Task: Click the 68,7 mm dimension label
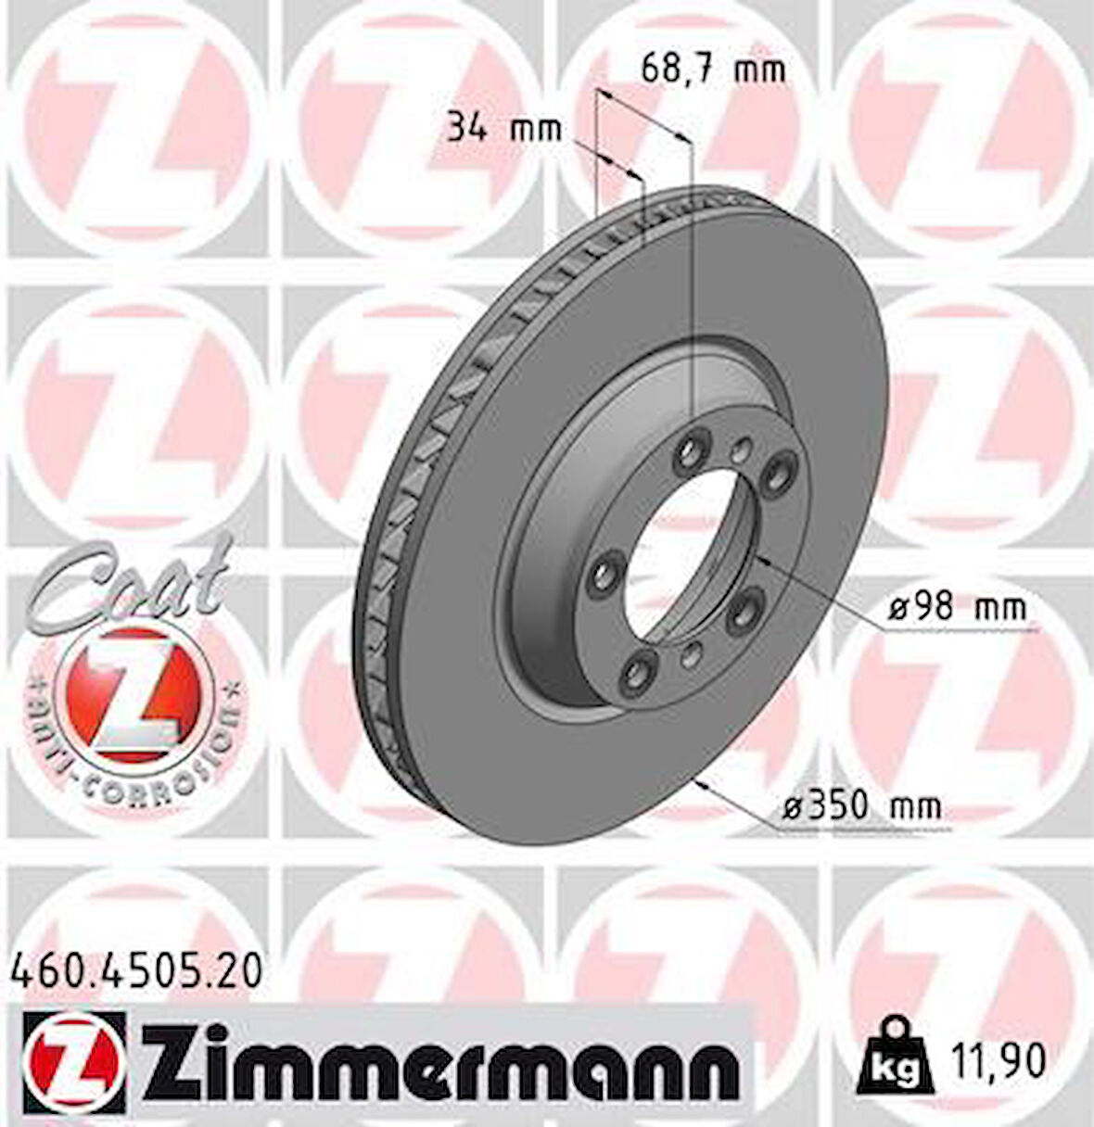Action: pyautogui.click(x=713, y=69)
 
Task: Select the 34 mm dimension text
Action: pyautogui.click(x=504, y=127)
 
